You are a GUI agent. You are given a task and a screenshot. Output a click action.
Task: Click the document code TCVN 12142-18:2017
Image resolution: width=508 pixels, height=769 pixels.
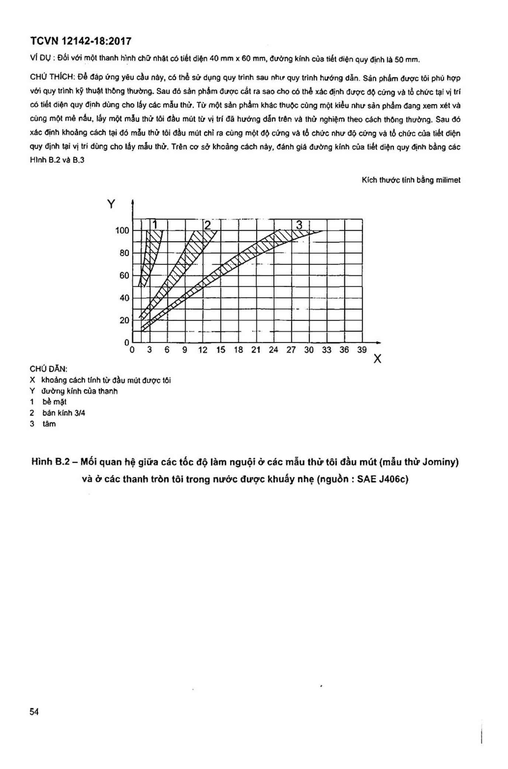80,41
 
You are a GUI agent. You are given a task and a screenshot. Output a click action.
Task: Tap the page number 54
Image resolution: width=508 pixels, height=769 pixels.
34,712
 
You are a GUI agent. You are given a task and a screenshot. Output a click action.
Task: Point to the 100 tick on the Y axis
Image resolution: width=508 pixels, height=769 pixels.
122,231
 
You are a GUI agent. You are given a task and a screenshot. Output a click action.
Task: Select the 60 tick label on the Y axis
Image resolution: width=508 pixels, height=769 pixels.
124,276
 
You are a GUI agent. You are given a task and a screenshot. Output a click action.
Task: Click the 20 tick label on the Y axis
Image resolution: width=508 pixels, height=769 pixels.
124,320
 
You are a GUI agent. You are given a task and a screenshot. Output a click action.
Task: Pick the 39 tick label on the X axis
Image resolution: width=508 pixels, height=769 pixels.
362,350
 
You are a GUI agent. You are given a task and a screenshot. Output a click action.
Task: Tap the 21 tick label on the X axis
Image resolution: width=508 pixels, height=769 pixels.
256,350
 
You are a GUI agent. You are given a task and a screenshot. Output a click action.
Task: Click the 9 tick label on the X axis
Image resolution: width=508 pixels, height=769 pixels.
185,350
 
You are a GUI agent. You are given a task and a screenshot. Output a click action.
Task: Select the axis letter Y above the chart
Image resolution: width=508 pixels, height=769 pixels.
111,204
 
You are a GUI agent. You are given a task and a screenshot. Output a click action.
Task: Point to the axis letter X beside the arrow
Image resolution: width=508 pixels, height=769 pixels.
377,359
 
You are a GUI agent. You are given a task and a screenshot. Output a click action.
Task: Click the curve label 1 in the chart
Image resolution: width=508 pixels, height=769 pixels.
155,224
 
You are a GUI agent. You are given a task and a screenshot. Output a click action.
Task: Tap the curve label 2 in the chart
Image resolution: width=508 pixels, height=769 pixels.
207,225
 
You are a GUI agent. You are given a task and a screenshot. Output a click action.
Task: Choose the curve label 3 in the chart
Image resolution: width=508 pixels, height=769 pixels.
299,225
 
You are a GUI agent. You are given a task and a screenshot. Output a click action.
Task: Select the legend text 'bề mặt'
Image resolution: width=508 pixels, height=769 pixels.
55,402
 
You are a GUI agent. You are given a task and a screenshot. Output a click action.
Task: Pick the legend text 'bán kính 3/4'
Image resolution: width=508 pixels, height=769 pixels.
64,413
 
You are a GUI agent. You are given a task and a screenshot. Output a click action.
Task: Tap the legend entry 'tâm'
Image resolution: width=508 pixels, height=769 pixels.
49,424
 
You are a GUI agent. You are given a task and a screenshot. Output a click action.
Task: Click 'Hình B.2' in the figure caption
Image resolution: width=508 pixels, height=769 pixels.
51,462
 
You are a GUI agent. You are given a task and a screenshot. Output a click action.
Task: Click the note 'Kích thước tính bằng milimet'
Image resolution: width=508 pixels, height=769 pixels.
411,180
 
